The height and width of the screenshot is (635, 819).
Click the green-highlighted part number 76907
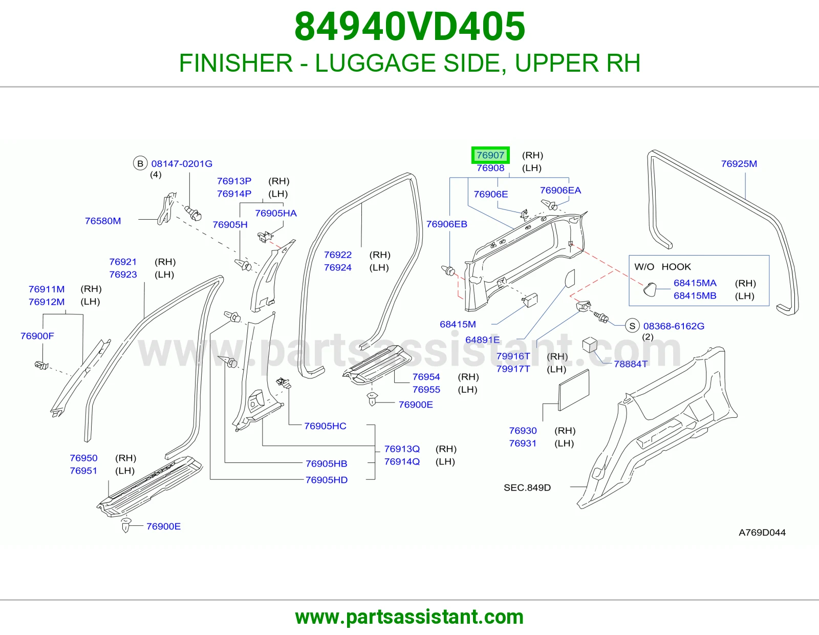(x=490, y=155)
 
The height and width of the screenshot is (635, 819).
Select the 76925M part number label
(x=739, y=164)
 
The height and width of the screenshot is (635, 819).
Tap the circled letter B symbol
(x=140, y=164)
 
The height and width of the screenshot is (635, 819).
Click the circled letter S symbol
(x=632, y=326)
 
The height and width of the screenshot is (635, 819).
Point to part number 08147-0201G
(x=182, y=164)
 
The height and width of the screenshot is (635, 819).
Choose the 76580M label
(x=103, y=221)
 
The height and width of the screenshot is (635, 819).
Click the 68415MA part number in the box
(x=695, y=283)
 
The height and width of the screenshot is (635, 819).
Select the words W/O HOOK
(x=662, y=267)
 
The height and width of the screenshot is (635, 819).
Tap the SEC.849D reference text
(x=527, y=488)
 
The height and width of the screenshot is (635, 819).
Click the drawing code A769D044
(x=762, y=533)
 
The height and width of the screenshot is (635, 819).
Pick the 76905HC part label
(x=325, y=426)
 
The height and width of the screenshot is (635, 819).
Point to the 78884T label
(x=631, y=364)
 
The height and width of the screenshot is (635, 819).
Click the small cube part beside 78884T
(x=590, y=344)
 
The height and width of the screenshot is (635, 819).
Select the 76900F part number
(x=37, y=336)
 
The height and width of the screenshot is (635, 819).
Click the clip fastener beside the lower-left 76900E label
(x=126, y=524)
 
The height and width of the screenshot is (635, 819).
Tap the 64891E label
(x=482, y=340)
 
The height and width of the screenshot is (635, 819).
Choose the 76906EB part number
(x=447, y=224)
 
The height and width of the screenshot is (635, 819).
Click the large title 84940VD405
(x=409, y=27)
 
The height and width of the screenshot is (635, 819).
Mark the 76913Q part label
(x=402, y=449)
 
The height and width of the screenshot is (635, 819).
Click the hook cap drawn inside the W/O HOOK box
(x=649, y=290)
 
